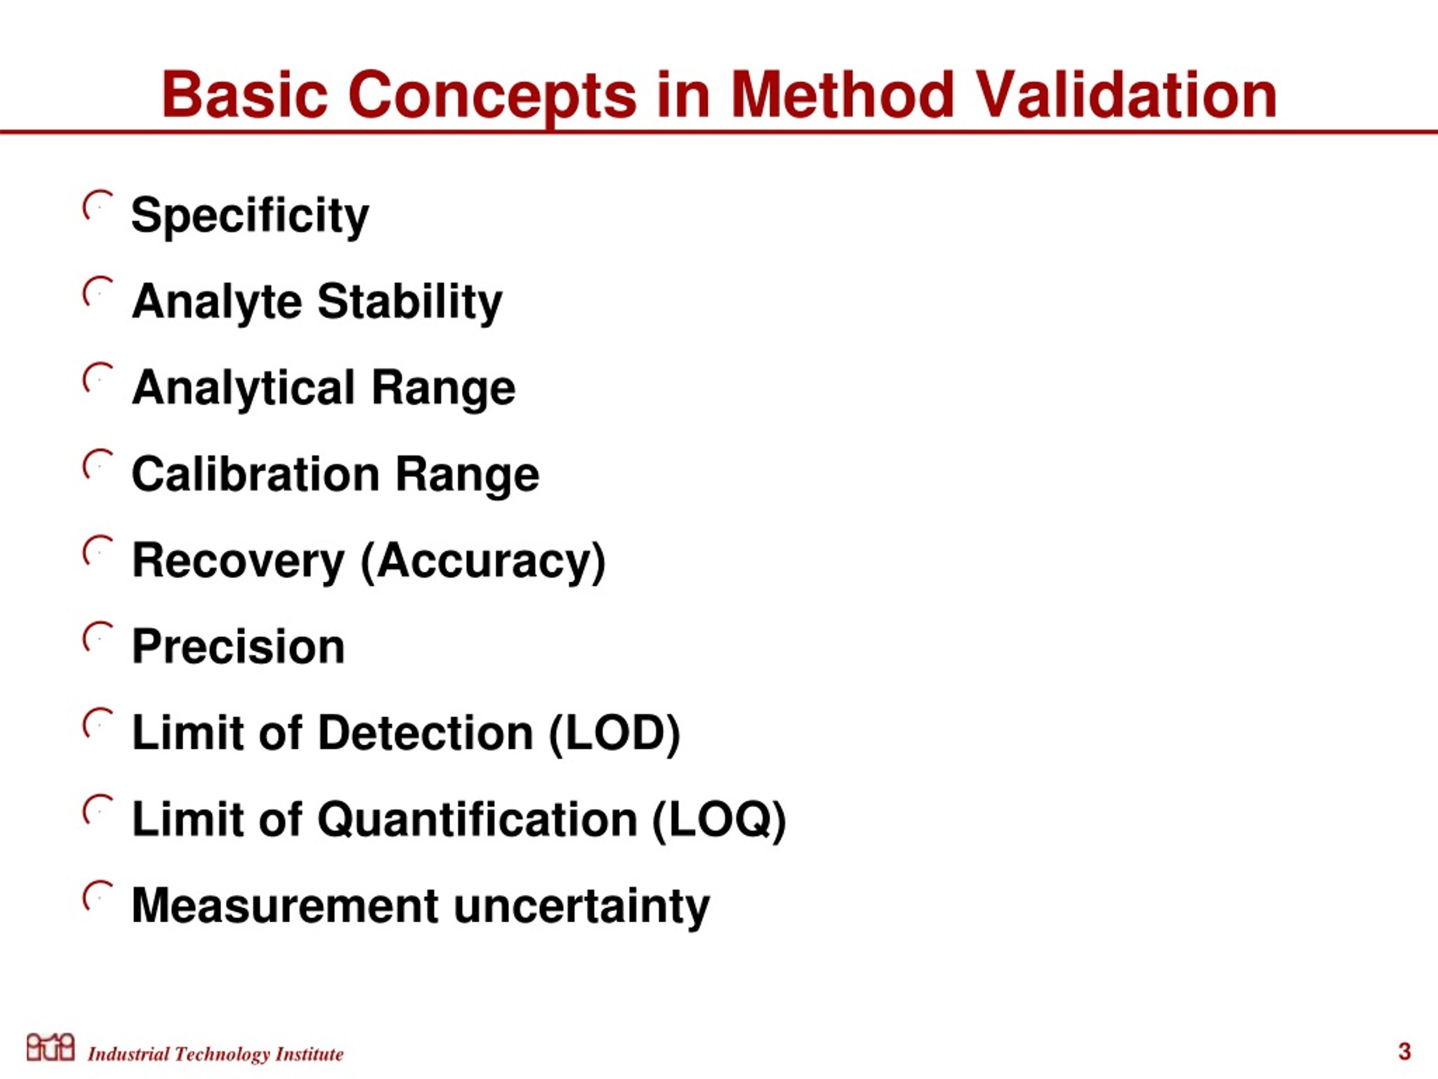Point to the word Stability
click(410, 302)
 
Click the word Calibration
click(256, 474)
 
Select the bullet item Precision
click(238, 647)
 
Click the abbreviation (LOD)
click(615, 733)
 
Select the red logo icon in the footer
click(51, 1046)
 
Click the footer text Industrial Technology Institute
click(215, 1054)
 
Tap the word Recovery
click(238, 561)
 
